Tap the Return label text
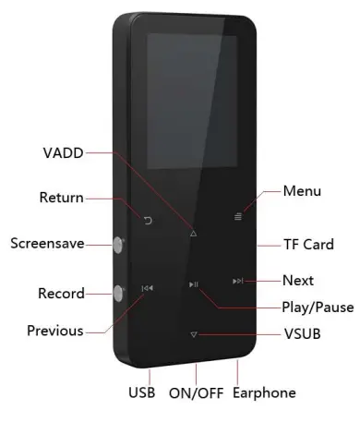coord(60,198)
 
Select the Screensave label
coord(47,244)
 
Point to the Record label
coord(61,294)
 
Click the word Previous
coord(54,330)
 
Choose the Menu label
coord(303,191)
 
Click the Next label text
coord(298,280)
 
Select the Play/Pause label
coord(317,307)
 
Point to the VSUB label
coord(303,332)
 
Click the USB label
coord(141,392)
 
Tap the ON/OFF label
coord(195,392)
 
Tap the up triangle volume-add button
coord(193,234)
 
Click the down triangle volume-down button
coord(193,335)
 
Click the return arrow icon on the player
coord(149,219)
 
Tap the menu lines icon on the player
coord(237,219)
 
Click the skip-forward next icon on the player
coord(237,281)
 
